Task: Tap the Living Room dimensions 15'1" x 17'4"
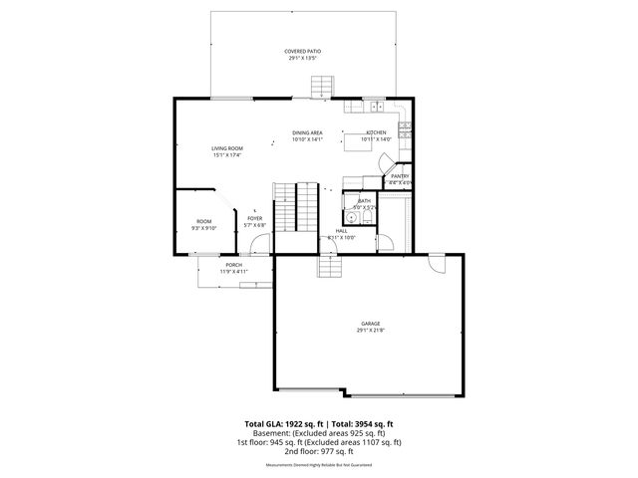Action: (226, 155)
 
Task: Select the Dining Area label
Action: (307, 132)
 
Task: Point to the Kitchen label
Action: (376, 132)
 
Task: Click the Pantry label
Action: (400, 176)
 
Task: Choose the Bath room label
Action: (365, 201)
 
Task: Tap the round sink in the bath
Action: (352, 218)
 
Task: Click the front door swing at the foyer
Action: (259, 245)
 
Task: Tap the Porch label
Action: (233, 265)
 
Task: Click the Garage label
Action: (371, 324)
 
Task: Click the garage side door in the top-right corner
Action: (437, 262)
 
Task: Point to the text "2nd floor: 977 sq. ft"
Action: (319, 450)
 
